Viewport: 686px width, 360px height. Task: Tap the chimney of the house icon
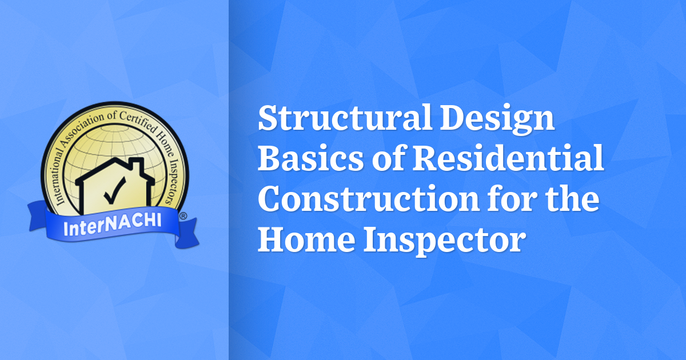coord(135,166)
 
